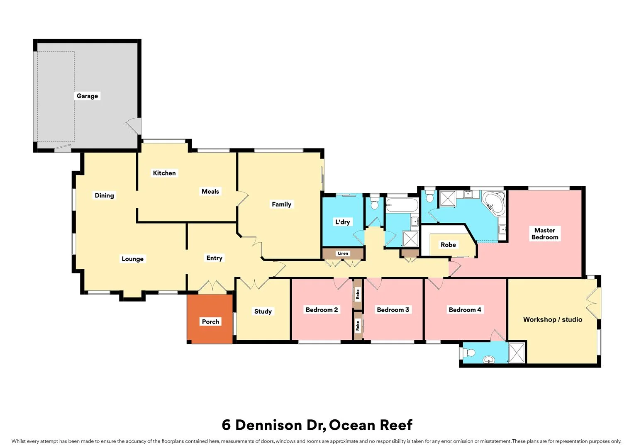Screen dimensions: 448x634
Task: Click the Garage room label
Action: coord(87,96)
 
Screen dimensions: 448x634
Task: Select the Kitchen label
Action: coord(164,173)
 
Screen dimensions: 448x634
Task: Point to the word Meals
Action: coord(210,191)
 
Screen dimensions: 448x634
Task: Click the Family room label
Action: coord(281,204)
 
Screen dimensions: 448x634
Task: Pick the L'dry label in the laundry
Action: coord(342,222)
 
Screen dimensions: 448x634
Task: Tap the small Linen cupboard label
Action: coord(343,253)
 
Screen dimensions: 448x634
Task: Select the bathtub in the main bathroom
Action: coord(402,205)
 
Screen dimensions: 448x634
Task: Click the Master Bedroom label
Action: coord(545,234)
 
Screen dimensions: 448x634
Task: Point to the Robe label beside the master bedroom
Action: coord(448,245)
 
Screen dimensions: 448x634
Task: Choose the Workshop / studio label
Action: coord(552,319)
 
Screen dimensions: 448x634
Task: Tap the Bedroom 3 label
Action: coord(393,310)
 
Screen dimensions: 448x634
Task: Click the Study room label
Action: coord(263,312)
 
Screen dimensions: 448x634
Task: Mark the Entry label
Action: coord(215,258)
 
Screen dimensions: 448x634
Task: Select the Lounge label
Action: coord(132,259)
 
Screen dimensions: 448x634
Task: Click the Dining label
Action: coord(104,195)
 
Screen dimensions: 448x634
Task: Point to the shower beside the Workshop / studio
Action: coord(517,353)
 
